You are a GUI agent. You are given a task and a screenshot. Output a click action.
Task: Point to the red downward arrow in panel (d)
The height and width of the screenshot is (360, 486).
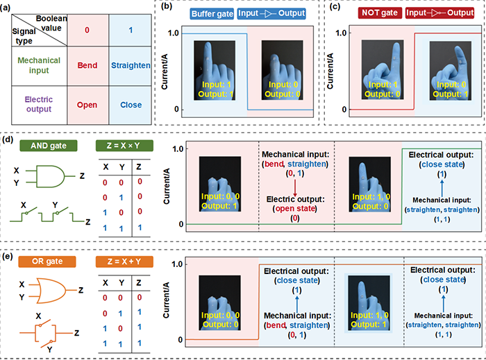(296, 187)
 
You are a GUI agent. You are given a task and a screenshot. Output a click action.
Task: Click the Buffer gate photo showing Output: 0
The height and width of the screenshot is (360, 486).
(280, 67)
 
